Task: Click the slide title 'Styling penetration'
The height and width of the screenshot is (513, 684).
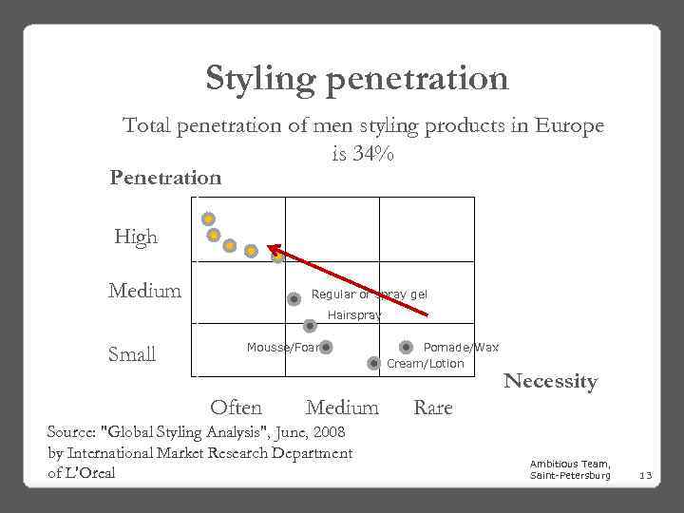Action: (x=356, y=78)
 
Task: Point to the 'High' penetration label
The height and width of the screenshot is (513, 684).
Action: (x=136, y=237)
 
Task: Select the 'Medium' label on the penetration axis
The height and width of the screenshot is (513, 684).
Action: (x=144, y=291)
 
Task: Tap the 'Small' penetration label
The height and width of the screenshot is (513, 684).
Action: (x=132, y=354)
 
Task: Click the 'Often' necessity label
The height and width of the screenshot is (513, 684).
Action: (x=236, y=408)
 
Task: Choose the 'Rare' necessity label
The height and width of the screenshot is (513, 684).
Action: (x=433, y=408)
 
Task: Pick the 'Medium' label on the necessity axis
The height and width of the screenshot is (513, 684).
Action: (x=342, y=408)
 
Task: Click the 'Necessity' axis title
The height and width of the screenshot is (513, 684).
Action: (x=550, y=381)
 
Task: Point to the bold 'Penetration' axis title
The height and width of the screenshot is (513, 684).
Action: (x=165, y=177)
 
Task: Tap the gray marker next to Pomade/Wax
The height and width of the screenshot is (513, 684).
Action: (x=408, y=348)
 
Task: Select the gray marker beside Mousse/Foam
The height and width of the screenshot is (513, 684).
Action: (x=326, y=348)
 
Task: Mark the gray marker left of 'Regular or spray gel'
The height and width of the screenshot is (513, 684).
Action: (x=294, y=298)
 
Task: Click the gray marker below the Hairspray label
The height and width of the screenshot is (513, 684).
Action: (x=309, y=326)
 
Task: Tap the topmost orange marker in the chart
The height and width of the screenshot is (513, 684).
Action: (x=208, y=218)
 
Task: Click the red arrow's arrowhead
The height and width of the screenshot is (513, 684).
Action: (x=269, y=246)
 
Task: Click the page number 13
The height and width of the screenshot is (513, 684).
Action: (x=644, y=474)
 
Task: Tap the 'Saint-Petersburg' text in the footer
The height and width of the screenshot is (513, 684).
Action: (x=570, y=474)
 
